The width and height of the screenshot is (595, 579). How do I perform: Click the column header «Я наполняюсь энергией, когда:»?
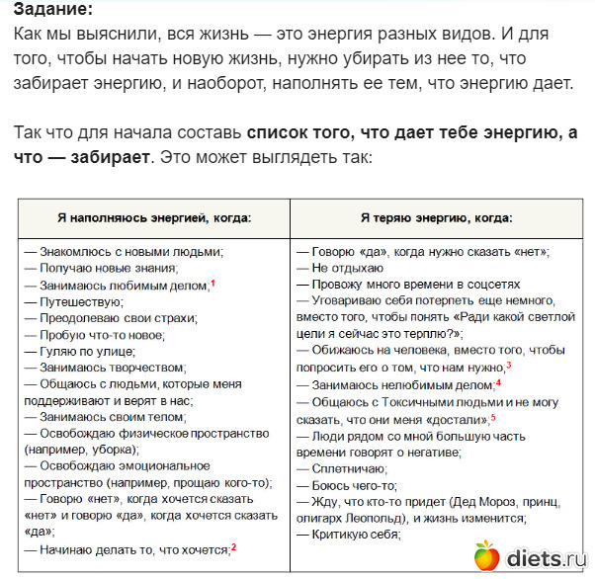coord(153,217)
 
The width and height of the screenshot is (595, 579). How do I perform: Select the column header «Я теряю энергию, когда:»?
coord(435,217)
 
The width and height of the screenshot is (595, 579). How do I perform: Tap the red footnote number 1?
coord(212,283)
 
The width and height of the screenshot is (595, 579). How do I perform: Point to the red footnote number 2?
coord(234,546)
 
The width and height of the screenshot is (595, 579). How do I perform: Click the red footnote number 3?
coord(508,365)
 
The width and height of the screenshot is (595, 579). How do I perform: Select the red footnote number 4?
coord(498,381)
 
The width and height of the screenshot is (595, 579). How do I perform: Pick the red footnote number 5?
coord(493,417)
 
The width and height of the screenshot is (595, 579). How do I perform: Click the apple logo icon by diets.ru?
coord(485,556)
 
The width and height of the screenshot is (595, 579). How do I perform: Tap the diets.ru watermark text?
coord(547,559)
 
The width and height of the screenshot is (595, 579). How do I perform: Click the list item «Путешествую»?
coord(79,301)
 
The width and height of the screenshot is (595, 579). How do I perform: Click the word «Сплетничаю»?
coord(351,467)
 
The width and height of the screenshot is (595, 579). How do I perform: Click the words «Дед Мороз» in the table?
coord(483,500)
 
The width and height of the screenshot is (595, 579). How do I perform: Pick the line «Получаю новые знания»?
coord(107,268)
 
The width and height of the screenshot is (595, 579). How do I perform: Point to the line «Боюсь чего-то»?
coord(351,484)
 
